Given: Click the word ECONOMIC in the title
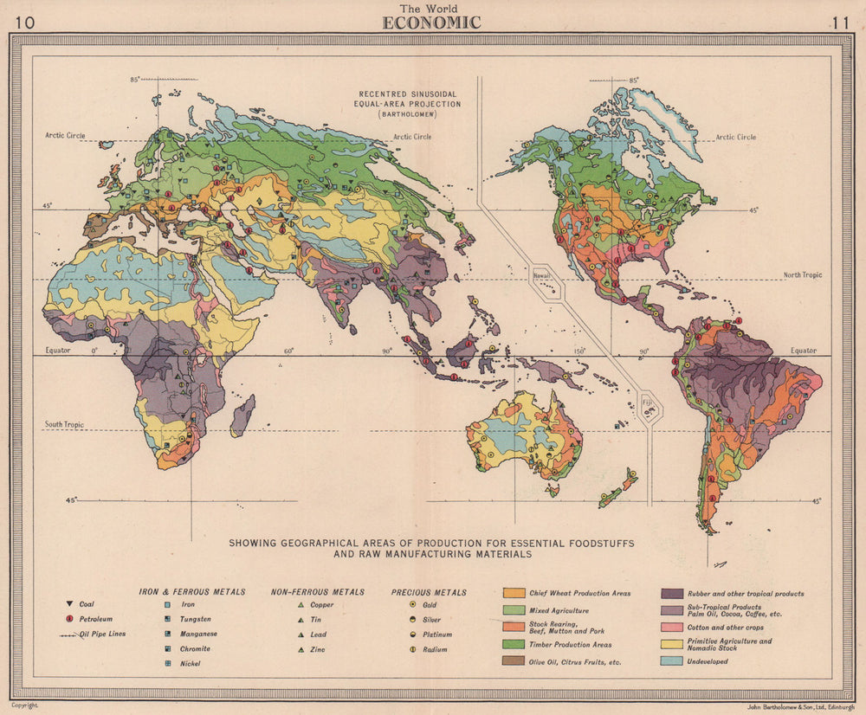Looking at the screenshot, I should pos(431,23).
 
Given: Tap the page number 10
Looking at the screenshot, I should pos(25,23).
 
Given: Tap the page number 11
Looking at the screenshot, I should pos(839,23).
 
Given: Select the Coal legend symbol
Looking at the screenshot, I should pos(68,604).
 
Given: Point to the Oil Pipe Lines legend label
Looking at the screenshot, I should pos(102,634).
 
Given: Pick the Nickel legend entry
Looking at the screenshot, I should pos(189,663).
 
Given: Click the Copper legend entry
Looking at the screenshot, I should pos(320,605).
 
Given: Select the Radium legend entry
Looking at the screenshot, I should pos(433,649).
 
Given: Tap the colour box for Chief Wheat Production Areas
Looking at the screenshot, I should pos(513,594).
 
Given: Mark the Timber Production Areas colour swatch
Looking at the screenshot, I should pos(513,645).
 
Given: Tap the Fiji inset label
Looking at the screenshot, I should pos(647,402).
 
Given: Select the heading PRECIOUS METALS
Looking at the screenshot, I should pos(429,592).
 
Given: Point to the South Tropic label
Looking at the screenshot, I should pos(65,425).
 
